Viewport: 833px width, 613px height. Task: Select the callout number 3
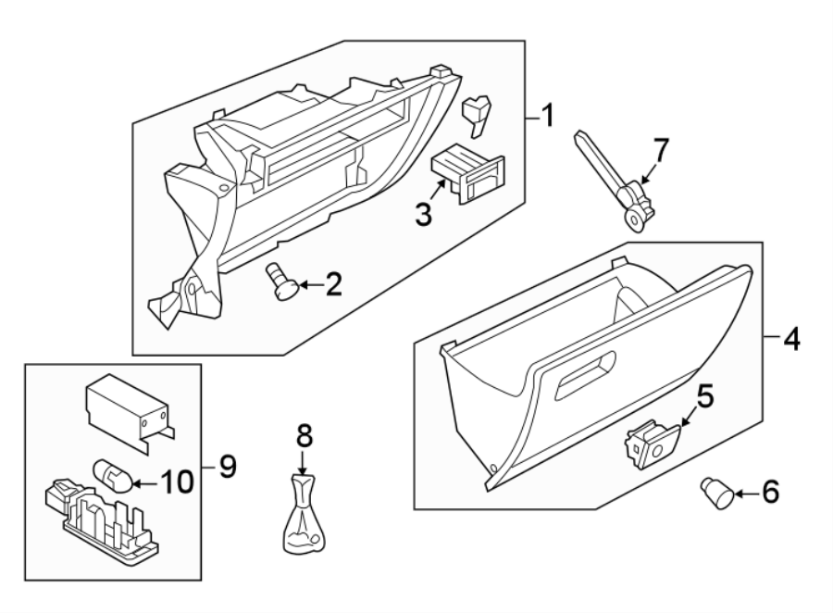pos(422,216)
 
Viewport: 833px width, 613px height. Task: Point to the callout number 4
pos(789,339)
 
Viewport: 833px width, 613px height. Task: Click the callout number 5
pos(704,398)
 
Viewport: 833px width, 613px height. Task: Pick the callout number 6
pos(770,492)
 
